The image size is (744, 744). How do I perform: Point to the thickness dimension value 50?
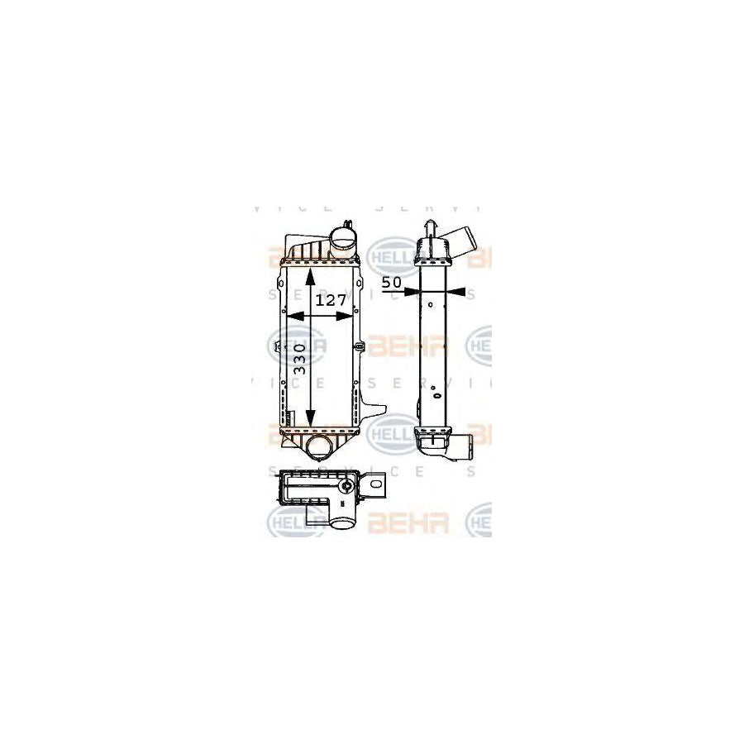coord(392,283)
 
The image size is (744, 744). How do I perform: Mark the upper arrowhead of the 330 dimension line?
coord(310,273)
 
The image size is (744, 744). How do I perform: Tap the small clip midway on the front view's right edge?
coord(360,346)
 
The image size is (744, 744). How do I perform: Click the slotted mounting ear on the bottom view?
coord(376,486)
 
